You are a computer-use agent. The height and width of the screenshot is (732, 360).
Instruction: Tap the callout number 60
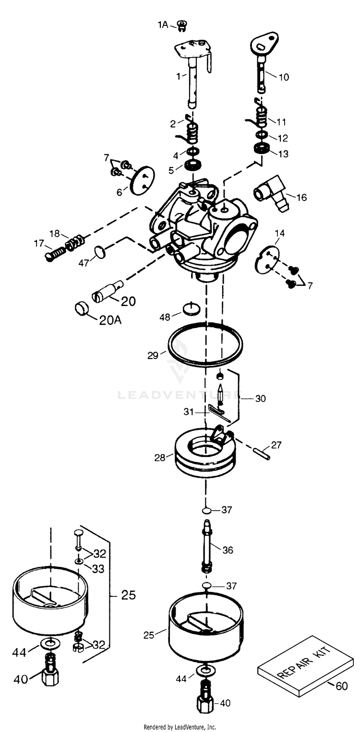pos(341,686)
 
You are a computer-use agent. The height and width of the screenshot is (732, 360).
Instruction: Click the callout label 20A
pos(110,320)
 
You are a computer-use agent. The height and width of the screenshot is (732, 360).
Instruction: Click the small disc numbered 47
pos(98,251)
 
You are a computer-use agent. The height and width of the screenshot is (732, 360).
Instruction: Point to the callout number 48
pos(165,318)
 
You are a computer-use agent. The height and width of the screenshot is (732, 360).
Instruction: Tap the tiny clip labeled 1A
pos(181,25)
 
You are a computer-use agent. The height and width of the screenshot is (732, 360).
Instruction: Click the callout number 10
pos(284,76)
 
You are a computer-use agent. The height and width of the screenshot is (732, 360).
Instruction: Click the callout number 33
pos(98,568)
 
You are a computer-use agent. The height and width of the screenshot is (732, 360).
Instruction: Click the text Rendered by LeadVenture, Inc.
pos(180,727)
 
